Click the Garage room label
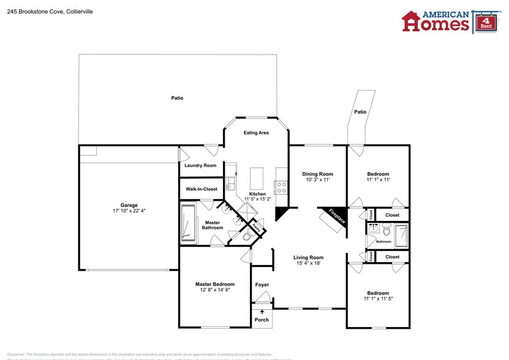(129, 205)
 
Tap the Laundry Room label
(200, 165)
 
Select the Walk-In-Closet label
(202, 189)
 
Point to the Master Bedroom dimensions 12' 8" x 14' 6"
(215, 290)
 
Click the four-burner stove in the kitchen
(282, 187)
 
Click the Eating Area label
(256, 133)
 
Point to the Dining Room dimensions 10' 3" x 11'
(317, 180)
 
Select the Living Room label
(308, 257)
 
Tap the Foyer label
(262, 285)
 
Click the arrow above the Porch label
(262, 312)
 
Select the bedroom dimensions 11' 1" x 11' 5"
(378, 299)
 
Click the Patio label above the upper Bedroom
(360, 111)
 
